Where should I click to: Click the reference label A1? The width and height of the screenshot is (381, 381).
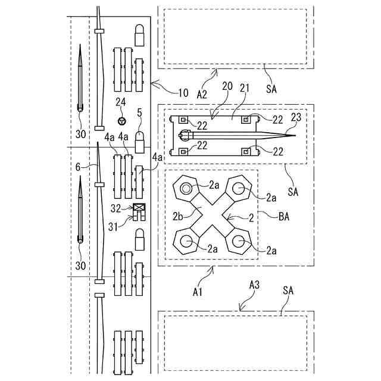pos(199,292)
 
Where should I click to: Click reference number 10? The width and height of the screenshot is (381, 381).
pos(183,93)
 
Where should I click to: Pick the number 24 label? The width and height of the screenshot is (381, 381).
pos(121,102)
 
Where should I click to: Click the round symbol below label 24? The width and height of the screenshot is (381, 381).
pos(122,121)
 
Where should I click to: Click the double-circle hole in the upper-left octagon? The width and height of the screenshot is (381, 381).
pos(187,189)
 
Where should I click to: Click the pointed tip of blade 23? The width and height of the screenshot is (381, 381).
pos(295,135)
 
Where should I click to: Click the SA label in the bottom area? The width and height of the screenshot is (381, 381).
pos(289,291)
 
